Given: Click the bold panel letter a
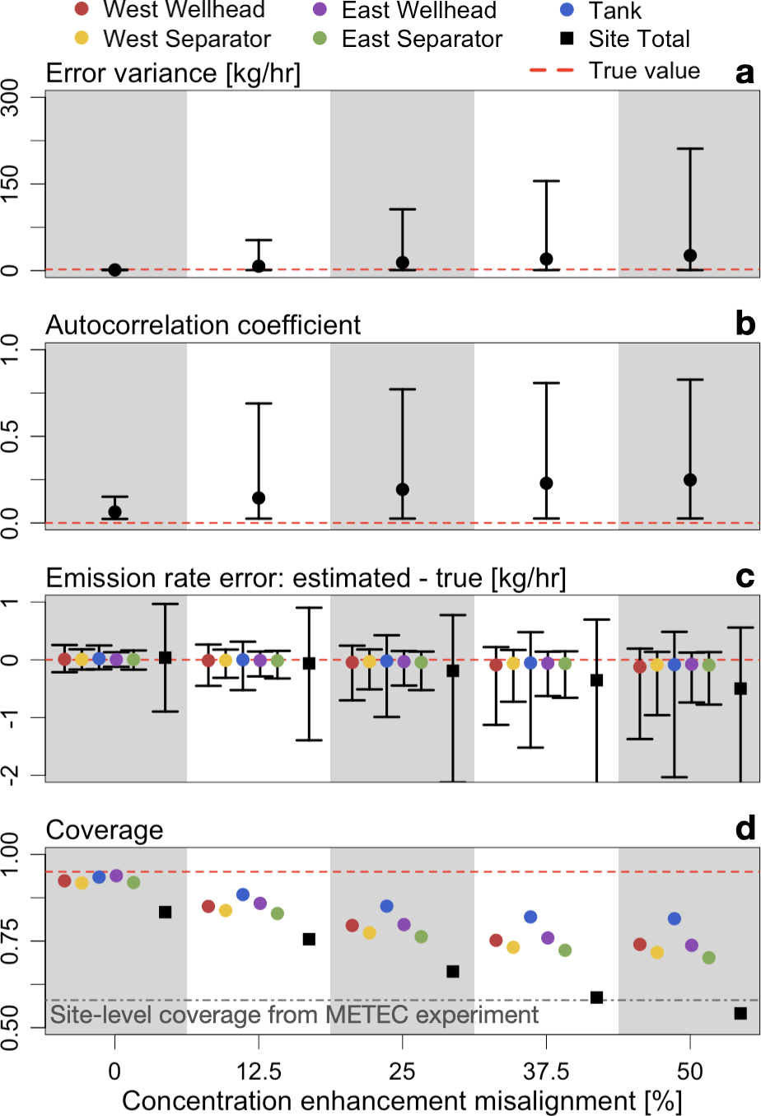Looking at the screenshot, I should pyautogui.click(x=745, y=73).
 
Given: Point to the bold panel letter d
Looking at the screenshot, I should pyautogui.click(x=745, y=828).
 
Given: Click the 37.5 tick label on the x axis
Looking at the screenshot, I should pyautogui.click(x=546, y=1072).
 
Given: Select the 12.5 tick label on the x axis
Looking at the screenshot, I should pyautogui.click(x=259, y=1072).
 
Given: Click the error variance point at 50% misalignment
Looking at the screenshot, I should pyautogui.click(x=690, y=256).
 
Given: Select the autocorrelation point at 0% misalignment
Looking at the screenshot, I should pyautogui.click(x=115, y=512).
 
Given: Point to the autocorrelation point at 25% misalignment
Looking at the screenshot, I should pyautogui.click(x=403, y=490).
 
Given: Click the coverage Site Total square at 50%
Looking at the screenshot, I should pyautogui.click(x=740, y=1013).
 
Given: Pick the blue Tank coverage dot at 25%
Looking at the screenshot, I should pyautogui.click(x=387, y=906).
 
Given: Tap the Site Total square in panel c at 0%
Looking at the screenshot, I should pyautogui.click(x=165, y=657).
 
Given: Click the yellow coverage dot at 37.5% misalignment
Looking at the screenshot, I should pyautogui.click(x=513, y=947).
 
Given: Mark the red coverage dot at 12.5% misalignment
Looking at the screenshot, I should pyautogui.click(x=208, y=906).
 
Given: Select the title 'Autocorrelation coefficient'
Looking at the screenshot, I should pyautogui.click(x=203, y=325).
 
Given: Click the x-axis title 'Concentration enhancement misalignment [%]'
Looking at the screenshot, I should pyautogui.click(x=402, y=1101).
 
